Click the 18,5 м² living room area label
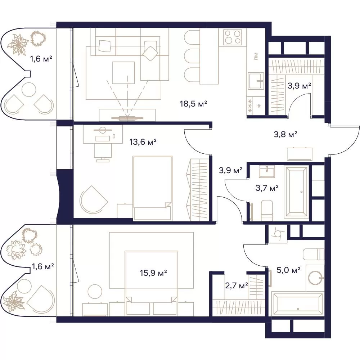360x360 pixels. [x=194, y=104]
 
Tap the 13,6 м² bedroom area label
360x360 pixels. [x=143, y=142]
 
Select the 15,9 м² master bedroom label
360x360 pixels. [x=153, y=273]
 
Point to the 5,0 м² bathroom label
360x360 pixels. [x=289, y=270]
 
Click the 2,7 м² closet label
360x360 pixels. [x=236, y=286]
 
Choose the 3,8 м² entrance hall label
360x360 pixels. [x=285, y=134]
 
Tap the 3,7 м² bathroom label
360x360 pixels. [x=267, y=188]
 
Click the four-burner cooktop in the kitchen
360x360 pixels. [x=233, y=37]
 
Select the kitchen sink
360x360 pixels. [x=256, y=81]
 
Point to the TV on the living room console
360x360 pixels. [x=127, y=118]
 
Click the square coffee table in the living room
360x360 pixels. [x=123, y=73]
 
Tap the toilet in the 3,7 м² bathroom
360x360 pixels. [x=267, y=210]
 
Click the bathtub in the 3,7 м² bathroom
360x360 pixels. [x=296, y=192]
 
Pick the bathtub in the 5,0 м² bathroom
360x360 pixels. [x=298, y=304]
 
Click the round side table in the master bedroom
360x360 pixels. [x=95, y=292]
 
